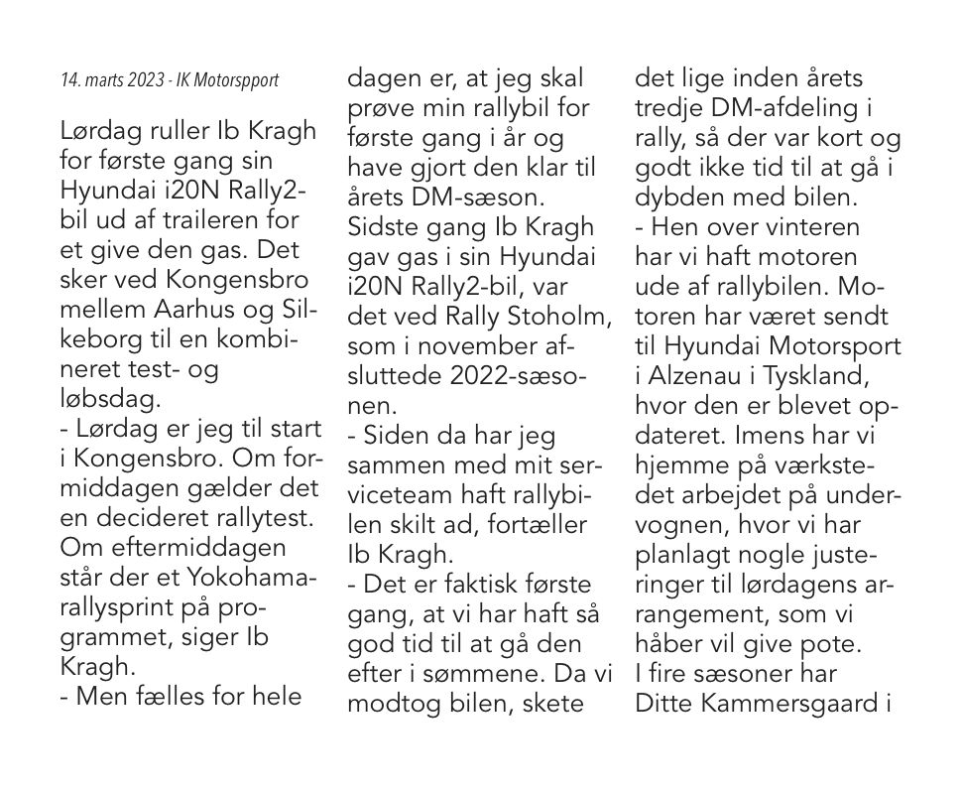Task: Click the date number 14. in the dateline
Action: click(70, 79)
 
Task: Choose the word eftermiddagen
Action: click(175, 548)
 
